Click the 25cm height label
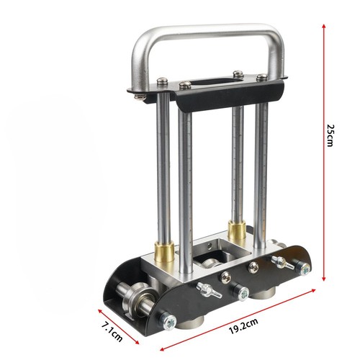pos(330,135)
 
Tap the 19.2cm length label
pos(243,326)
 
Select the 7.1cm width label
pos(112,332)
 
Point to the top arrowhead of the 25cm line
pos(324,26)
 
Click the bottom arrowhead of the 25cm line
pos(324,279)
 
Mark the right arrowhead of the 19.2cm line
pos(313,290)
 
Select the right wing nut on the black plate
pos(282,262)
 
